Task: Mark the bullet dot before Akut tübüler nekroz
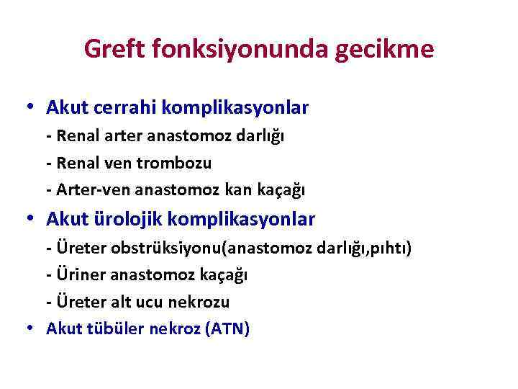[28, 329]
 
